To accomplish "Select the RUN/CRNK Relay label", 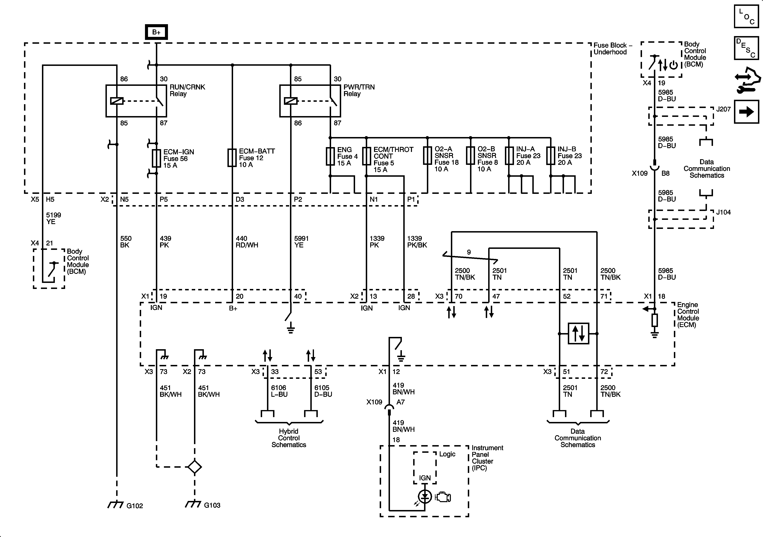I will (187, 90).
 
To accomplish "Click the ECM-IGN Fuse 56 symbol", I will (156, 158).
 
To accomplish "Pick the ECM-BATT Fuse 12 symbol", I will (232, 157).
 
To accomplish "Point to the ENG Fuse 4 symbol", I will (330, 156).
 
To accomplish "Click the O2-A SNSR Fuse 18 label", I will (446, 159).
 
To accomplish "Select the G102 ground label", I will (134, 506).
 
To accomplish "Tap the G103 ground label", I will (212, 505).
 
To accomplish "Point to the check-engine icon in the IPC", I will (443, 497).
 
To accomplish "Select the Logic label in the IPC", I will (447, 454).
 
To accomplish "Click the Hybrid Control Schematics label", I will (289, 438).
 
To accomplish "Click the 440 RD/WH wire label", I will (247, 242).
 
